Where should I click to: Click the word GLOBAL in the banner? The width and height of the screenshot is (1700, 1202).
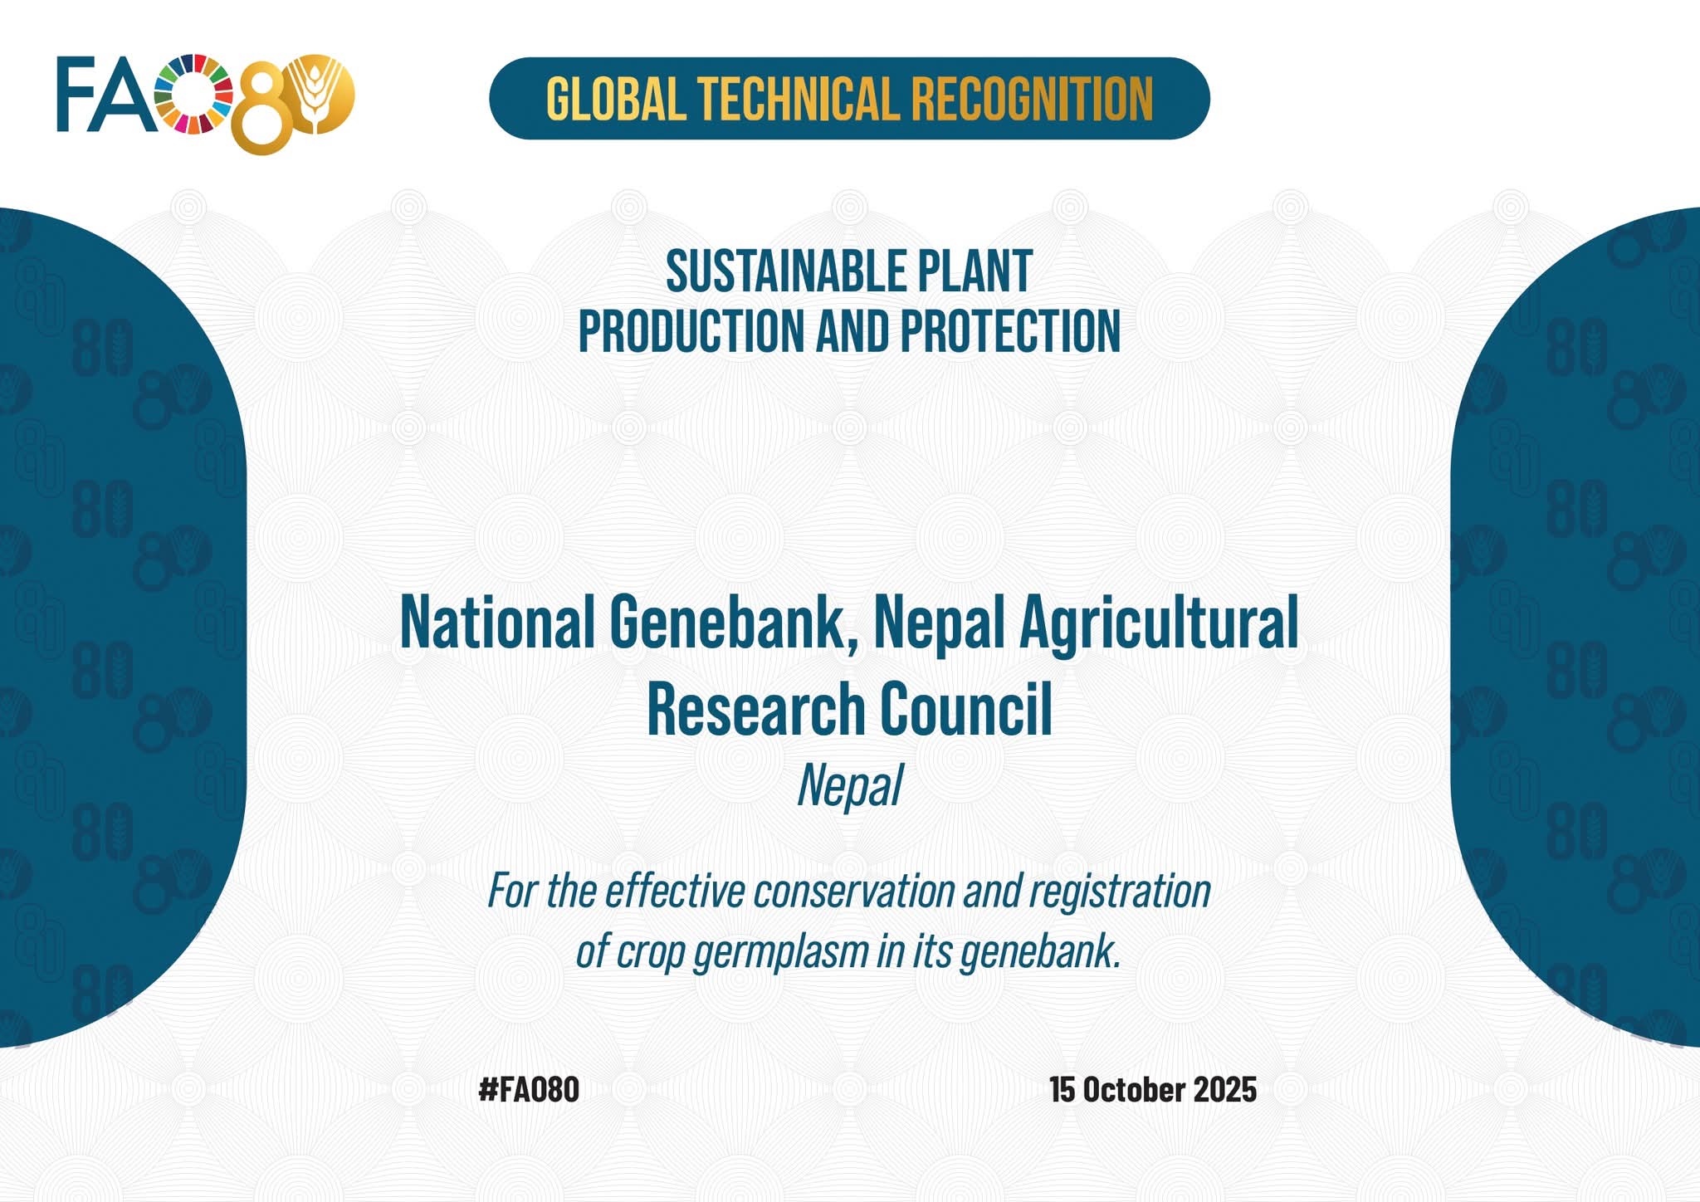[x=616, y=99]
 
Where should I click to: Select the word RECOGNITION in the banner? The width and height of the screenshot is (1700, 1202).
[x=1033, y=99]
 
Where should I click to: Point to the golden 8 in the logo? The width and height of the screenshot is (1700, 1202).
[x=264, y=108]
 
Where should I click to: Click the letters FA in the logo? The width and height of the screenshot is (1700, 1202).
[x=106, y=94]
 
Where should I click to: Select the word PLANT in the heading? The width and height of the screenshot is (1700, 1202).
[x=963, y=271]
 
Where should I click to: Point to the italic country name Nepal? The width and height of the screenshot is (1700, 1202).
[x=850, y=786]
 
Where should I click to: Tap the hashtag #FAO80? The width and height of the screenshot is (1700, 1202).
[x=529, y=1089]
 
